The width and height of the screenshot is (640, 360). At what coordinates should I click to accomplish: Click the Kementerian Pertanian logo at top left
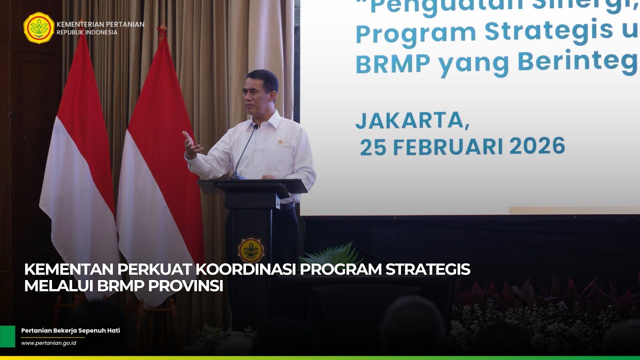point(39,28)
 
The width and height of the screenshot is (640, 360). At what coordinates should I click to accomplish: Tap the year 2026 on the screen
point(537,146)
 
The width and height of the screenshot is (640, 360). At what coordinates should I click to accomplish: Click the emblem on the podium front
point(251,250)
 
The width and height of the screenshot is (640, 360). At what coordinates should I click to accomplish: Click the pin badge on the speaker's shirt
point(280,143)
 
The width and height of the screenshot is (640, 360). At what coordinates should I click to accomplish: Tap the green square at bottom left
point(7,336)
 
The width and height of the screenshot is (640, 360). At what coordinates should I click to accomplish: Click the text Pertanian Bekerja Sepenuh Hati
point(70,330)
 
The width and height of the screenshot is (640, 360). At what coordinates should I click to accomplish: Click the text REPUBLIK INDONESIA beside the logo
point(87,32)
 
